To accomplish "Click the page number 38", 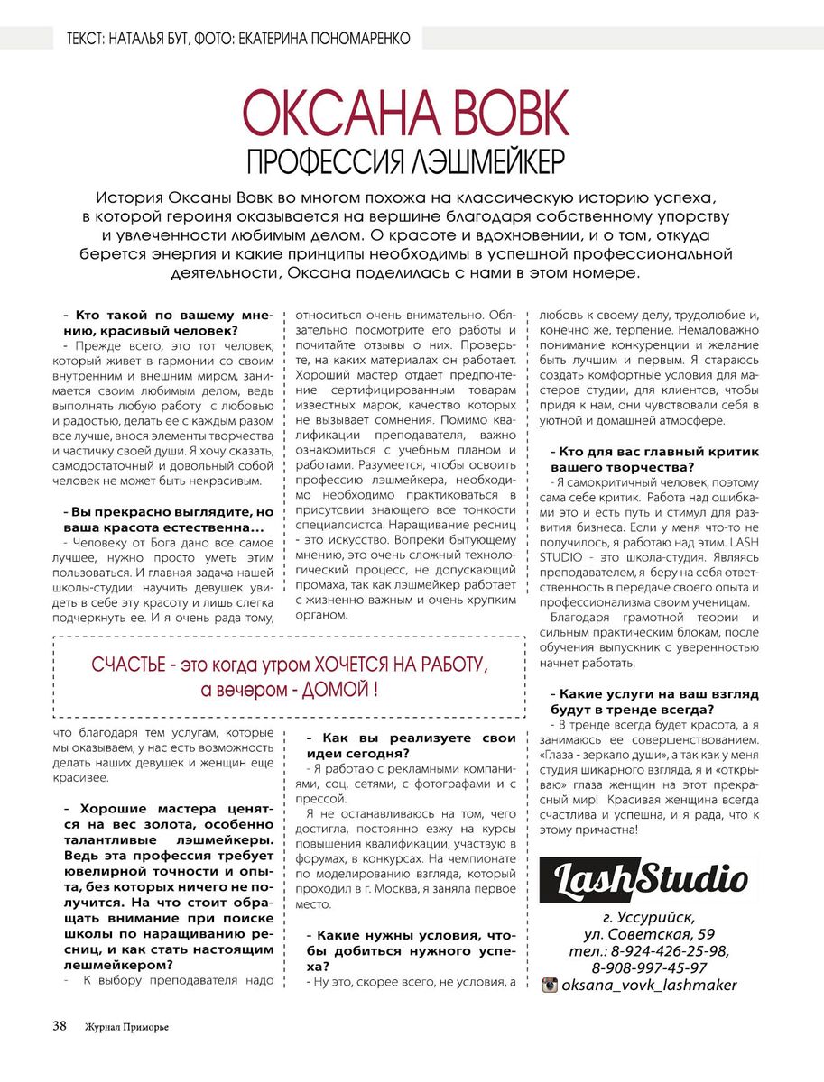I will (x=60, y=1025).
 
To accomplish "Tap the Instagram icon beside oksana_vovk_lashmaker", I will (x=549, y=985).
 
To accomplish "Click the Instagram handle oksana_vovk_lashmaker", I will (x=649, y=985).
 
